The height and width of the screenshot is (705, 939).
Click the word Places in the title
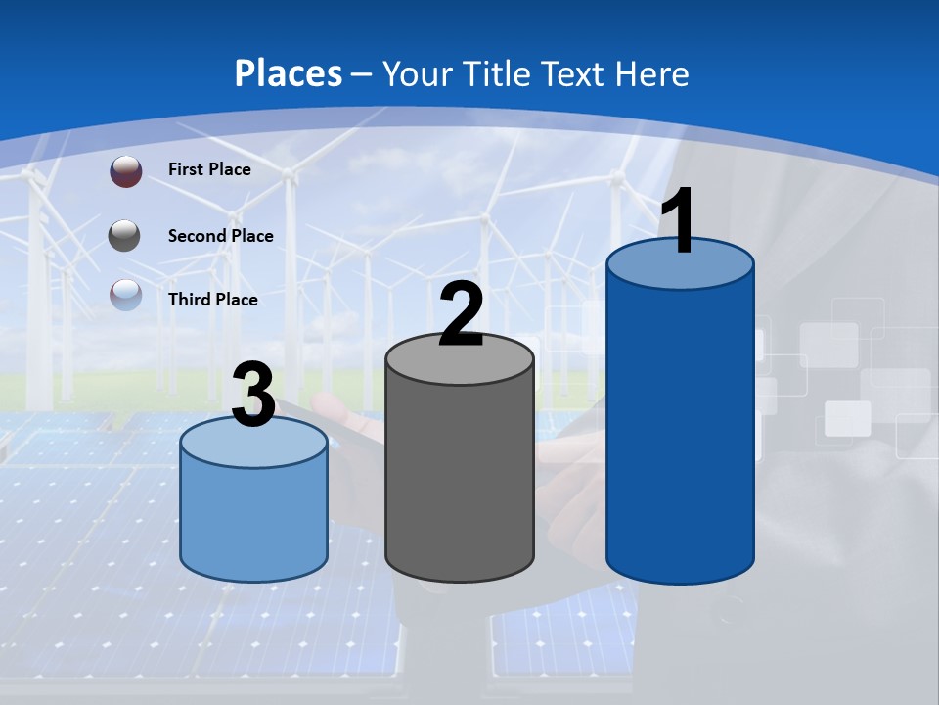click(x=288, y=73)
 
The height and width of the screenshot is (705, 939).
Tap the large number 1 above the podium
click(x=678, y=222)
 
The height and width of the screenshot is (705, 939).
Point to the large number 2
click(x=461, y=315)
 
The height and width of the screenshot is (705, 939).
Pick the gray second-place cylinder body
click(x=460, y=480)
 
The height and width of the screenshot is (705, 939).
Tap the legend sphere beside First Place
click(x=125, y=171)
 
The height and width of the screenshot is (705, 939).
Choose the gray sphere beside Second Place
click(x=125, y=235)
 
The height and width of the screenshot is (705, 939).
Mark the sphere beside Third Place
click(x=125, y=295)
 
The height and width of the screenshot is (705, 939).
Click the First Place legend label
click(x=209, y=169)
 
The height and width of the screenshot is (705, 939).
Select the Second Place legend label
click(x=220, y=235)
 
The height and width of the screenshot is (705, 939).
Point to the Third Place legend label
click(x=212, y=300)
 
